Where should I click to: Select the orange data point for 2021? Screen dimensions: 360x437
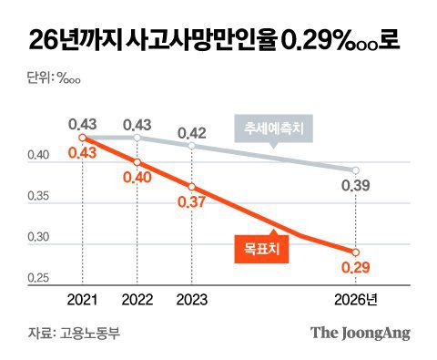tap(82, 138)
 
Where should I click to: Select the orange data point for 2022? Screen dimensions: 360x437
tap(137, 162)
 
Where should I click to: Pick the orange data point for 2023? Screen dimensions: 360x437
tap(190, 186)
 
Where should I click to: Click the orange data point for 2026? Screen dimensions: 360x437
tap(356, 252)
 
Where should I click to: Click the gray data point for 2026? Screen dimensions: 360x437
tap(356, 170)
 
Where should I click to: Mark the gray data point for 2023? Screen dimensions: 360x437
tap(190, 145)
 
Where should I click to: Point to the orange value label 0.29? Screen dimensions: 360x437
tap(356, 268)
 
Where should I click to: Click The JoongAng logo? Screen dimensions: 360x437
tap(361, 332)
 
